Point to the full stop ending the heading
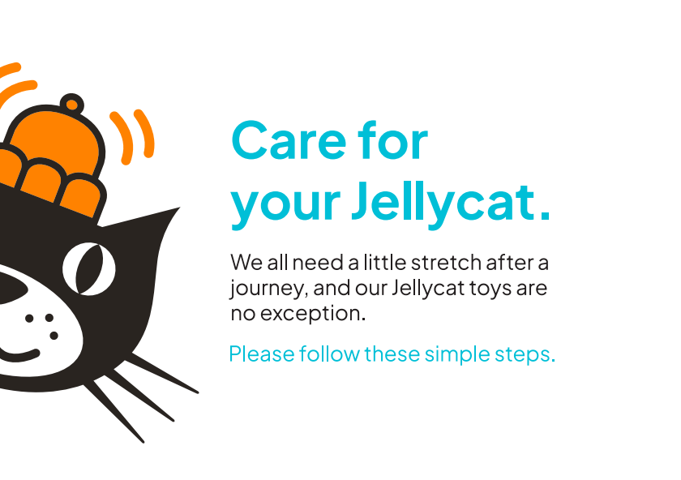click(x=545, y=215)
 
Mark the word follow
click(x=329, y=354)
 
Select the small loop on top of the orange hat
click(x=72, y=104)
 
